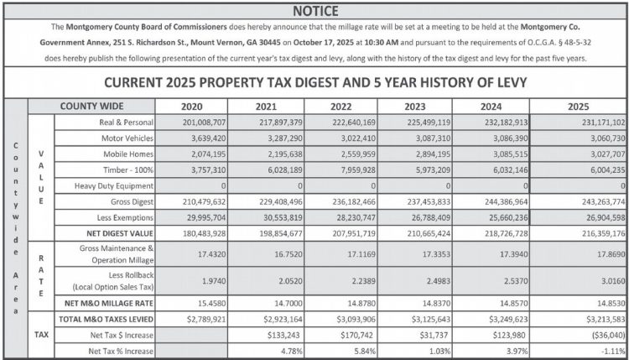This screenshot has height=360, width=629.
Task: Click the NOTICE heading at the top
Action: pyautogui.click(x=314, y=10)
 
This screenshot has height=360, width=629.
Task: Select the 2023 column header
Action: pyautogui.click(x=420, y=107)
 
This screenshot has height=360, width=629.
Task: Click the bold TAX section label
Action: pyautogui.click(x=41, y=335)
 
